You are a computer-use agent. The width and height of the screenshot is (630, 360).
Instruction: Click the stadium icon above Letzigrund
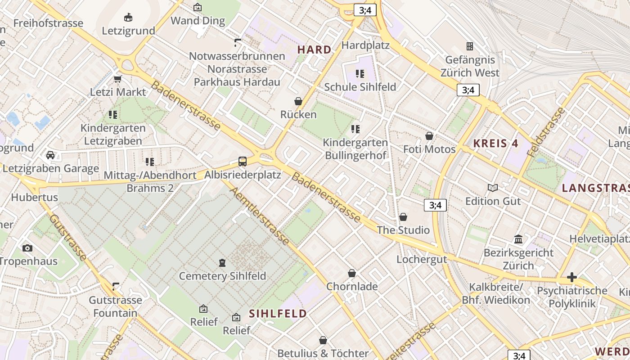tap(128, 18)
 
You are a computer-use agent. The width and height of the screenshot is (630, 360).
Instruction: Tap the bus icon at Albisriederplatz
tap(243, 161)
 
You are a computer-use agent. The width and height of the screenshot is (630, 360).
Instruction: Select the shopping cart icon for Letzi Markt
tap(118, 79)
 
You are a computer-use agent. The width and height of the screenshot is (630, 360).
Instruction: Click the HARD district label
tap(315, 49)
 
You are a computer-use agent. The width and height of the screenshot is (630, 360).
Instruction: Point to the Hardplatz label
tap(365, 45)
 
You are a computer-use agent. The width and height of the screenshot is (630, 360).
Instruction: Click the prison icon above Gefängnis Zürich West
tap(470, 46)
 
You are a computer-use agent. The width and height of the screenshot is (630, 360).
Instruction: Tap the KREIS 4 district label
tap(496, 144)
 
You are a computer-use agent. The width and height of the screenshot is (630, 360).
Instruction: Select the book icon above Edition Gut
tap(493, 188)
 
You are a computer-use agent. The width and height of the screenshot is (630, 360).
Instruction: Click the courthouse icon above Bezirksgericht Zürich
tap(518, 239)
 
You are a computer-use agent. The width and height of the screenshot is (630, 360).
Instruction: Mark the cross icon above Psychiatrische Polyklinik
tap(572, 277)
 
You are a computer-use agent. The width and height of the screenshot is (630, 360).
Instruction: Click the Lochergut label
tap(422, 259)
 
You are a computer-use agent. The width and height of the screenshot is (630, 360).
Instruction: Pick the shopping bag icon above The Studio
tap(403, 217)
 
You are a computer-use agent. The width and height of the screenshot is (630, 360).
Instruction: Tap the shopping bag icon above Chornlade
tap(352, 273)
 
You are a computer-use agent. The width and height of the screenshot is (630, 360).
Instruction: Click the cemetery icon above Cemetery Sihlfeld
tap(222, 262)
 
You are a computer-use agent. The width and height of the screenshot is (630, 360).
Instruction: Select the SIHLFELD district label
tap(278, 313)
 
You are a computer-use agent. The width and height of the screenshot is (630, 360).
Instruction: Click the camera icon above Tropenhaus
tap(27, 248)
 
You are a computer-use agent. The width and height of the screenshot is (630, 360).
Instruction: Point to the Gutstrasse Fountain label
tap(115, 306)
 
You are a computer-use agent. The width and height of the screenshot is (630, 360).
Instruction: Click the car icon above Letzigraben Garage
tap(50, 155)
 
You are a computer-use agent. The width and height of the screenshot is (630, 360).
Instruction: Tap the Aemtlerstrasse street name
tap(260, 216)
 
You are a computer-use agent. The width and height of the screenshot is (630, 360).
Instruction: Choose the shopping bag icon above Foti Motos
tap(429, 136)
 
